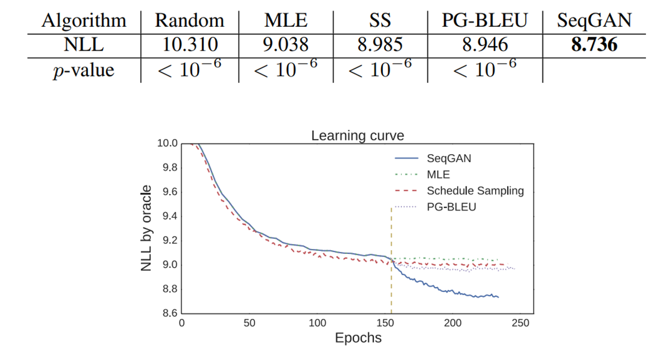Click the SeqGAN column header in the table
point(594,21)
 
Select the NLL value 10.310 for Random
point(189,45)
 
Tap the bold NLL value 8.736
point(594,45)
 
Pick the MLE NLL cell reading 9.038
point(285,45)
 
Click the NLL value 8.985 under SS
point(379,45)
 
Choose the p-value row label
point(83,69)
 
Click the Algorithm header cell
point(83,21)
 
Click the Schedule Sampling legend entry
point(475,191)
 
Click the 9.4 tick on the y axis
point(168,216)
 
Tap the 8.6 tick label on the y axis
point(168,313)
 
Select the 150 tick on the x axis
point(385,323)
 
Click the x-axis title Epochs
point(357,339)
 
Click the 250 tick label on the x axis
point(521,323)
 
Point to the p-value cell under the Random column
point(189,69)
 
